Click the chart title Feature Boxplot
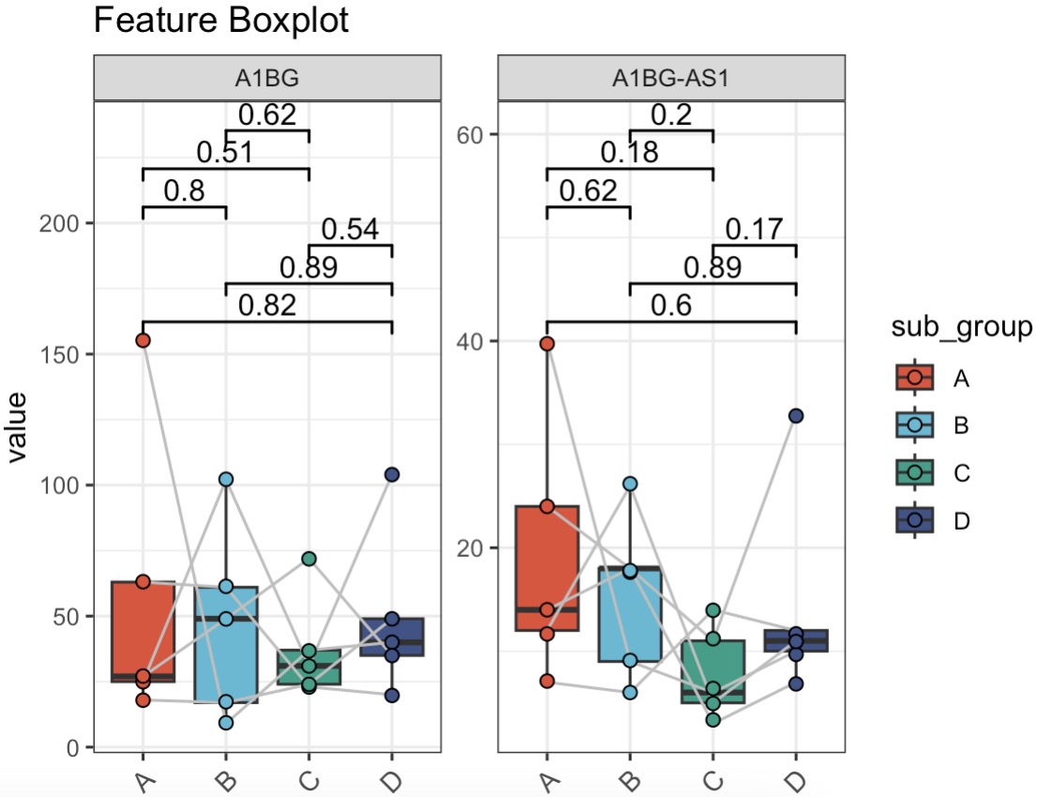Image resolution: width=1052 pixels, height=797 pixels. pos(221,21)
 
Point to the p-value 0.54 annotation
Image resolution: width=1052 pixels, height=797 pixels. pos(350,230)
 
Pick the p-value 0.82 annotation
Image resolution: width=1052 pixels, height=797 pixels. pos(267,306)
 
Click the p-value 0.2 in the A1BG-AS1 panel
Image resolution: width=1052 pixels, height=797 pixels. pos(670,114)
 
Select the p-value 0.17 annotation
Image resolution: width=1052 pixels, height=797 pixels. pos(754,229)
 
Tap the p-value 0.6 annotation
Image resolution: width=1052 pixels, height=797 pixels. pos(670,306)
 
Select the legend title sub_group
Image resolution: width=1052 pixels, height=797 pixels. pos(962,327)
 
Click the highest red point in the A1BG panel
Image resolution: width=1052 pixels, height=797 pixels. pos(143,340)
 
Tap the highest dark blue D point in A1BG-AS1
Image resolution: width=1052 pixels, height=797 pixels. pos(795,416)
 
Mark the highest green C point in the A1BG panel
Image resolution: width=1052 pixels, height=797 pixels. pos(308,559)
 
